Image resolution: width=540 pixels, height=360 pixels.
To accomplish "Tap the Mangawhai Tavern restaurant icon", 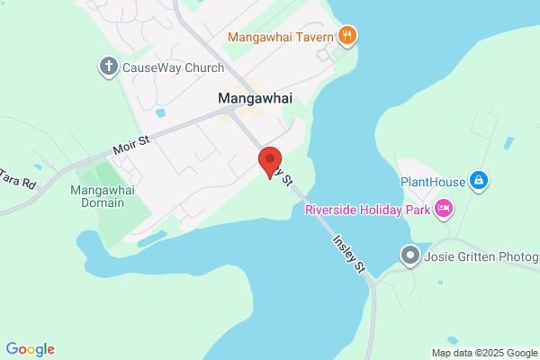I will pyautogui.click(x=348, y=37).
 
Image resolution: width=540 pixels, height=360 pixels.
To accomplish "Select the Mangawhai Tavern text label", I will pyautogui.click(x=281, y=37).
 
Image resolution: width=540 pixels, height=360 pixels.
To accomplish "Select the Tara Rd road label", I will pyautogui.click(x=17, y=177).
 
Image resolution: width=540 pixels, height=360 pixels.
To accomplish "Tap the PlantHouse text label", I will pyautogui.click(x=433, y=182).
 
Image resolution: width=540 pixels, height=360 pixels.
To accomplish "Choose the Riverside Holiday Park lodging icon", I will pyautogui.click(x=443, y=211).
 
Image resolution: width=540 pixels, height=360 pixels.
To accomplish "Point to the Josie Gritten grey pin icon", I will pyautogui.click(x=411, y=256).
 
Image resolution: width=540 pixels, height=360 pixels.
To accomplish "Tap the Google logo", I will pyautogui.click(x=30, y=349).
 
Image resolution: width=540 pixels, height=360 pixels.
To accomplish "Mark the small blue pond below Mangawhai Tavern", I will pyautogui.click(x=160, y=113).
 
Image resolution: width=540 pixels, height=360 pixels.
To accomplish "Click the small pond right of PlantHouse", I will pyautogui.click(x=509, y=143).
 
